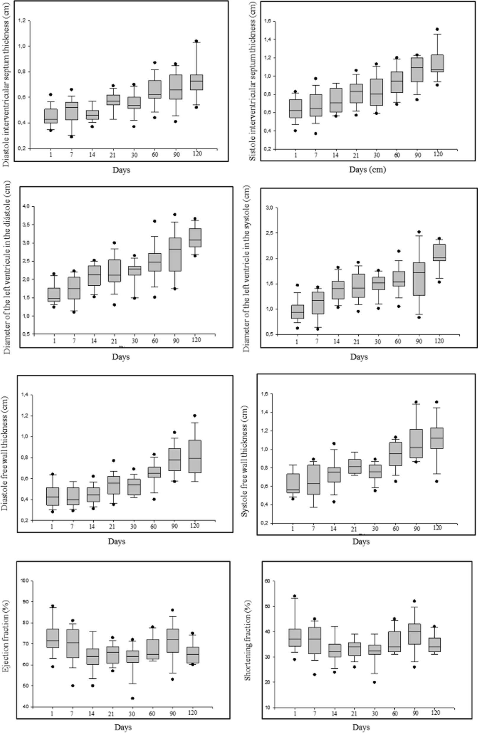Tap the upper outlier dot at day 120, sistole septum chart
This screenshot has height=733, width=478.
click(437, 29)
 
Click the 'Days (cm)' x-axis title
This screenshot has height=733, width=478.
click(368, 169)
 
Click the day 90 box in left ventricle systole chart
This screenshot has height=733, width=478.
click(419, 279)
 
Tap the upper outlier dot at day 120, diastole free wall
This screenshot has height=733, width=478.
click(194, 416)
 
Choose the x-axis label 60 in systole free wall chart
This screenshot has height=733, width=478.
click(396, 529)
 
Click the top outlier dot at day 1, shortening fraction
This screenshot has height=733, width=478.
click(295, 596)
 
